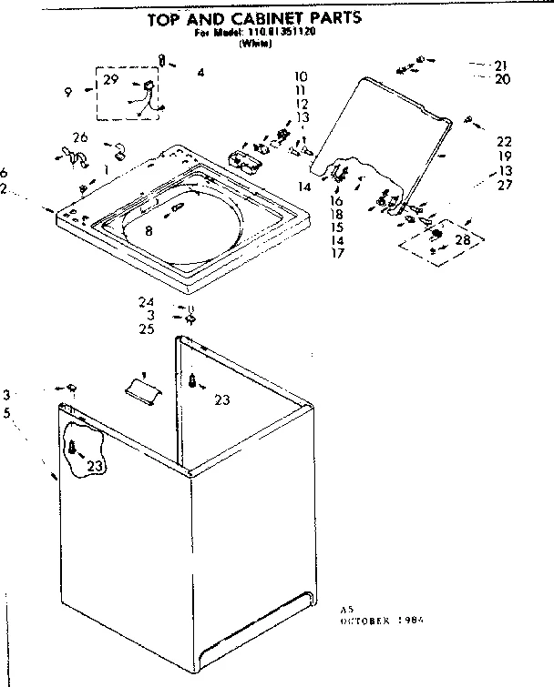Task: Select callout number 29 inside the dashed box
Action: pos(111,80)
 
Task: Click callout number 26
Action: pos(80,137)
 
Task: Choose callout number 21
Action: pos(500,65)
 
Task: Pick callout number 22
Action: pos(504,141)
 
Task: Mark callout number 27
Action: pos(504,185)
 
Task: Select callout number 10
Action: pos(302,76)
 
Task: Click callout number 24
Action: pos(147,302)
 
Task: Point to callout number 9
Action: pos(68,90)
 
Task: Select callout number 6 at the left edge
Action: pos(5,173)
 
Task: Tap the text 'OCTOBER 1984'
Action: pos(382,619)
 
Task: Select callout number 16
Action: pos(336,200)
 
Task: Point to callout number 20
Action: pos(503,79)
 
